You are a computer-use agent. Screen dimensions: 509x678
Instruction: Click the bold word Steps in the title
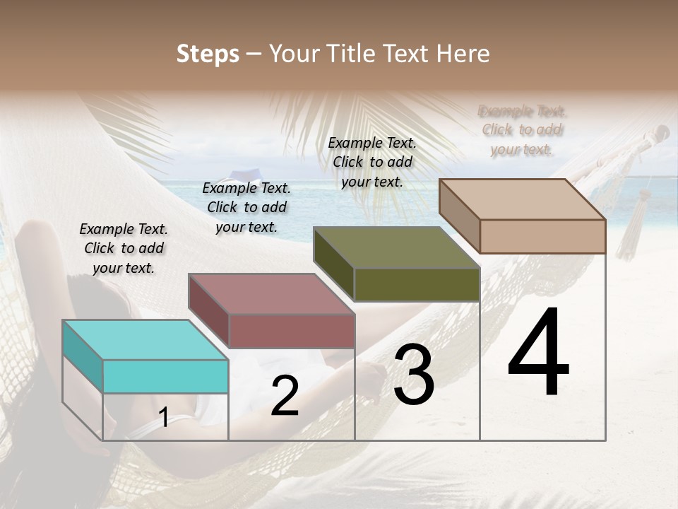click(x=208, y=54)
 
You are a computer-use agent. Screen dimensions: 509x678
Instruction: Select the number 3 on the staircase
click(x=414, y=375)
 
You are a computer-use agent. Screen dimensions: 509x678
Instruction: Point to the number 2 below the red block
click(x=285, y=396)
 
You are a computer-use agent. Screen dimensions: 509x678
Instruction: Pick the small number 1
click(x=164, y=417)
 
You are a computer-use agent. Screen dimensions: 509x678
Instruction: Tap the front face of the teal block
click(x=165, y=376)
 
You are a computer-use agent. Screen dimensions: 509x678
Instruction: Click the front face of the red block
click(x=291, y=331)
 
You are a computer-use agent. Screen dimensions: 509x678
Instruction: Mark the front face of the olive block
click(x=417, y=284)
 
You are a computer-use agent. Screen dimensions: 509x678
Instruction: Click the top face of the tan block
click(x=522, y=199)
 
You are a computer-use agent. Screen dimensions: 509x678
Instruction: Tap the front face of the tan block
click(x=542, y=236)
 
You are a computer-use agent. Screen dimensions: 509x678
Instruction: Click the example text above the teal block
click(x=124, y=248)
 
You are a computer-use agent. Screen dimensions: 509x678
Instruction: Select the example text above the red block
click(x=246, y=207)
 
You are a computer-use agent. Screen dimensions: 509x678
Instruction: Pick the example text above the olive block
click(x=372, y=162)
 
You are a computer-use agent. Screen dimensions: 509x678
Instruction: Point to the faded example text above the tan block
click(x=523, y=130)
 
